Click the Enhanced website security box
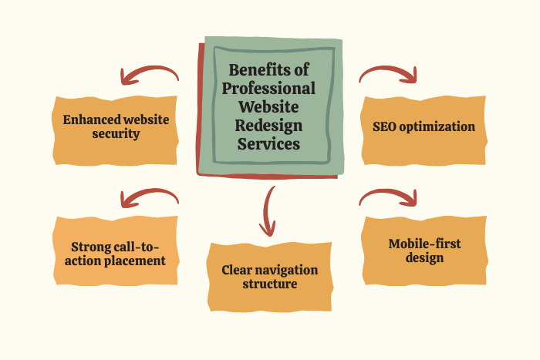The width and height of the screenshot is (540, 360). pos(116,128)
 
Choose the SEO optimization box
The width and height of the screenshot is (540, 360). pos(424,126)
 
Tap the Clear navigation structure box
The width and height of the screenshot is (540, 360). pos(270,277)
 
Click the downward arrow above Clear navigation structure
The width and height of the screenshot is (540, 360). pos(268,210)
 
